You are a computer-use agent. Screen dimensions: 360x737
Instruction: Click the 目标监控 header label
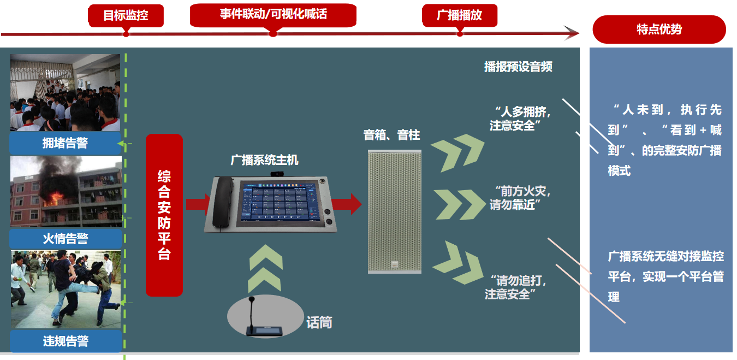126,15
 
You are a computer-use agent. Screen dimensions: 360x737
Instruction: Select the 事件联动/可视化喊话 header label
273,14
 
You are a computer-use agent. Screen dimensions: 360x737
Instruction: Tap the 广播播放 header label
460,15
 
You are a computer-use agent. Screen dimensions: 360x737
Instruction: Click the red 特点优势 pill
659,29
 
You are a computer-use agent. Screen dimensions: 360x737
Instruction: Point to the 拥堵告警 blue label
66,143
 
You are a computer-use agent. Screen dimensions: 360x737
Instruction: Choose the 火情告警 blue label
66,239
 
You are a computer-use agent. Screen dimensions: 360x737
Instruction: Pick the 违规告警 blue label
66,341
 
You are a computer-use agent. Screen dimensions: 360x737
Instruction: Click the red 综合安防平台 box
164,215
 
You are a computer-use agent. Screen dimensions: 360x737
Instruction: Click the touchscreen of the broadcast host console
280,203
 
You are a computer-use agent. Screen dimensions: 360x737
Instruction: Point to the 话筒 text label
319,323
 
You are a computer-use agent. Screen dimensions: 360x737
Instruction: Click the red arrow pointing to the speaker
346,204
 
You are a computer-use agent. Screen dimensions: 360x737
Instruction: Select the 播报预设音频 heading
518,67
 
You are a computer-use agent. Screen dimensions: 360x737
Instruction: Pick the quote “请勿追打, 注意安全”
515,287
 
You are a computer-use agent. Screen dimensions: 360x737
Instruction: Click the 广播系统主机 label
265,160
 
